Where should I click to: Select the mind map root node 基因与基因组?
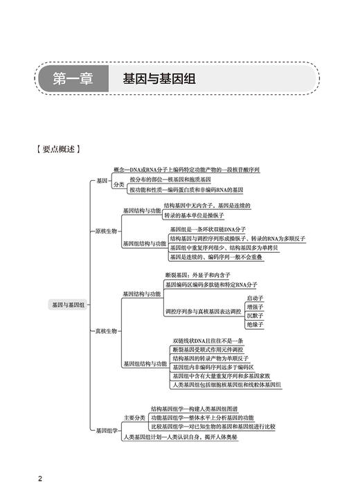click(x=69, y=305)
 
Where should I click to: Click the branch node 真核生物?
click(x=106, y=330)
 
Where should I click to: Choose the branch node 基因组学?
click(x=106, y=430)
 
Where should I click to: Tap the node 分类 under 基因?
click(x=118, y=185)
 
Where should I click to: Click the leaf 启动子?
click(x=255, y=298)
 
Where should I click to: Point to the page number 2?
click(x=41, y=479)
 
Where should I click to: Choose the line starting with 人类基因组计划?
click(x=188, y=437)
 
